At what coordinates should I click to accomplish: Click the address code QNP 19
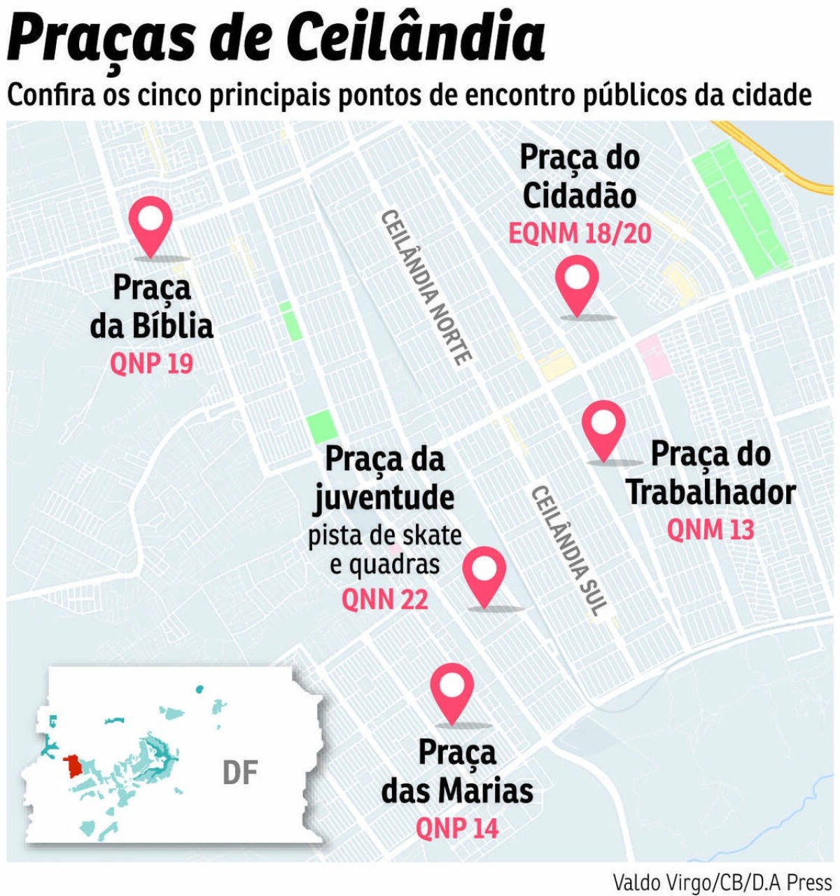pyautogui.click(x=151, y=364)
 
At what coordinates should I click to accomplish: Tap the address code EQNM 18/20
pyautogui.click(x=580, y=233)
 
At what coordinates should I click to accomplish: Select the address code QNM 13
pyautogui.click(x=710, y=530)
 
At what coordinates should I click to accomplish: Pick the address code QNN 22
pyautogui.click(x=384, y=600)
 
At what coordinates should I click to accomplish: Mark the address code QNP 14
pyautogui.click(x=457, y=828)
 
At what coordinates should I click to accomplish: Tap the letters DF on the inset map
pyautogui.click(x=240, y=773)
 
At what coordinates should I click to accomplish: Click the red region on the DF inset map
pyautogui.click(x=71, y=766)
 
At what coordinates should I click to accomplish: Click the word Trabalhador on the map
pyautogui.click(x=710, y=493)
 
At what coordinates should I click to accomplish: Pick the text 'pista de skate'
pyautogui.click(x=385, y=535)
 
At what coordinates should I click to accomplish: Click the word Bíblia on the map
pyautogui.click(x=171, y=326)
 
